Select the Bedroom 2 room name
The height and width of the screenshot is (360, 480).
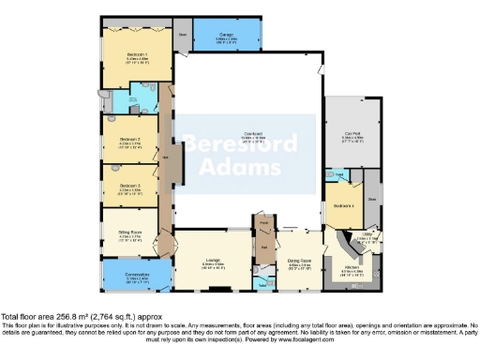tap(130, 139)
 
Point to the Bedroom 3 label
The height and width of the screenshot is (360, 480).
tap(130, 185)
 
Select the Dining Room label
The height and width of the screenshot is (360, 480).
tap(300, 262)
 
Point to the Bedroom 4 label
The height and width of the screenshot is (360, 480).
tap(344, 204)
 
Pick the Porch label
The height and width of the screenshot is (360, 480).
tap(264, 222)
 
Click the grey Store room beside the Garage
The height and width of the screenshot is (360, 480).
tap(183, 35)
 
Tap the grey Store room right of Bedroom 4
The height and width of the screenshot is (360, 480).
tap(372, 198)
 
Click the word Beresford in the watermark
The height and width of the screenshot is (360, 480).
tap(240, 144)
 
